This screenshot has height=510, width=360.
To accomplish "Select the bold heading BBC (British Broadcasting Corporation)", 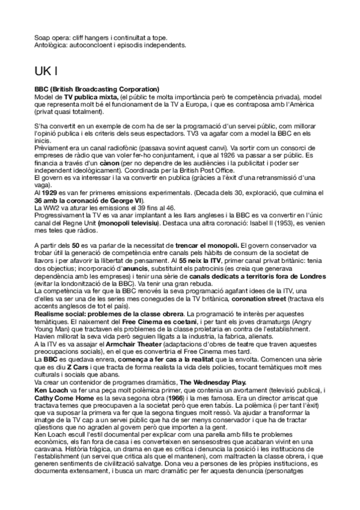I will (x=97, y=89).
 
